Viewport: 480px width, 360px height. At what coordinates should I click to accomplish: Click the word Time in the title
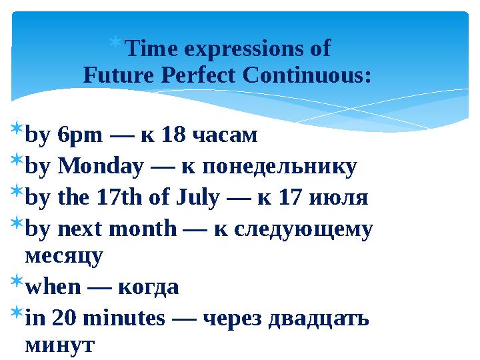click(x=151, y=49)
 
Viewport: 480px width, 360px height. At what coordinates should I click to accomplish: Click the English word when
click(x=52, y=287)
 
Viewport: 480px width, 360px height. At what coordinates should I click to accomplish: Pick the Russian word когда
click(x=148, y=287)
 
